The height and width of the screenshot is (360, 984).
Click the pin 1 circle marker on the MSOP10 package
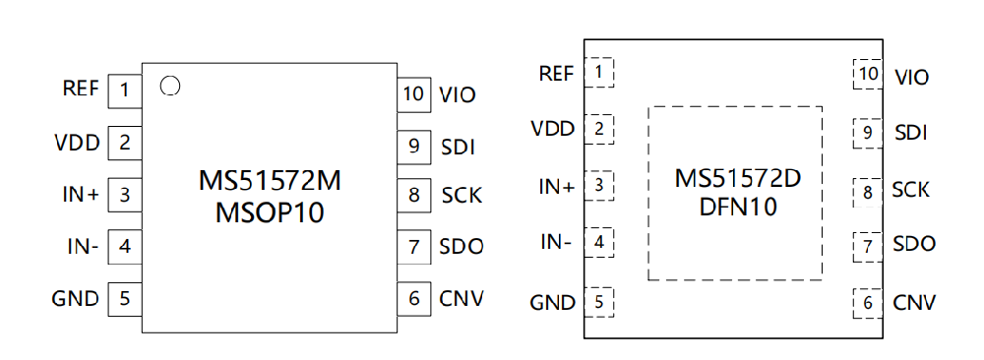click(170, 86)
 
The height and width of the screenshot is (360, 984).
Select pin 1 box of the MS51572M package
click(125, 90)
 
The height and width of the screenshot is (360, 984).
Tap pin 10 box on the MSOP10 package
click(413, 94)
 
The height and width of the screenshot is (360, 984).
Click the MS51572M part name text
click(270, 181)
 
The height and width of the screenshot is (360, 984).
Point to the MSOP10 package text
click(270, 213)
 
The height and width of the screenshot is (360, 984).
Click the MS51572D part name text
click(738, 179)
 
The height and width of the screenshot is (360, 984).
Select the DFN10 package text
click(738, 207)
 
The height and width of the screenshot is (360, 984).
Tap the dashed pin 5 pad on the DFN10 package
click(598, 302)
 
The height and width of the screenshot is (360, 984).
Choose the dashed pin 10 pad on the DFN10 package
click(868, 74)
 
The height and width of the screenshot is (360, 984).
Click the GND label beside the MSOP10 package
click(76, 299)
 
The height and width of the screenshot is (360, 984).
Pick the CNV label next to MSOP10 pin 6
click(461, 299)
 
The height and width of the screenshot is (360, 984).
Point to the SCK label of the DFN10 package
click(910, 190)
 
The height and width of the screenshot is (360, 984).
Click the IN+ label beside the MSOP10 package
click(81, 195)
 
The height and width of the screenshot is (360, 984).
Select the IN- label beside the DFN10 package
click(556, 241)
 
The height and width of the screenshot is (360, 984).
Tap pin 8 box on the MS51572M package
click(413, 195)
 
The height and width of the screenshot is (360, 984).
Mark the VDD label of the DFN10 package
click(553, 129)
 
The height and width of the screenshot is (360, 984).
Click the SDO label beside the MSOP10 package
click(461, 247)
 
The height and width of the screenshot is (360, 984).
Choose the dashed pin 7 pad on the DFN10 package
click(868, 247)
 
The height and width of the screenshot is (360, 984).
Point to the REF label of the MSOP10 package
click(81, 89)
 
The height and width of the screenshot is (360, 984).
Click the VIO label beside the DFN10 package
click(912, 78)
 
